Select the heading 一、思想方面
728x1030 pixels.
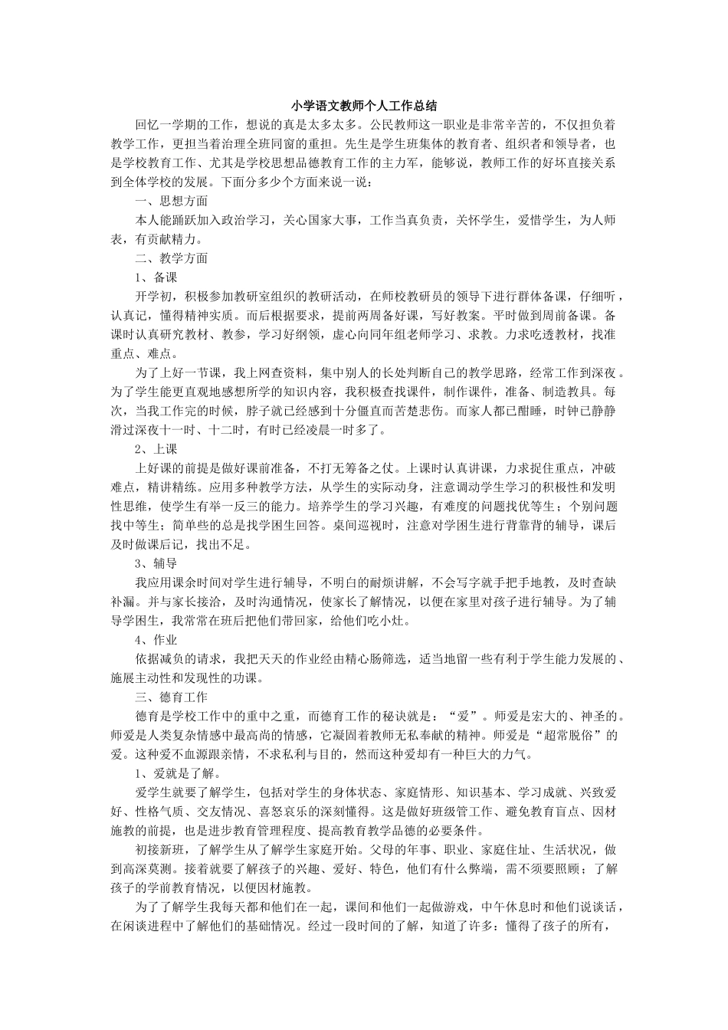tap(171, 201)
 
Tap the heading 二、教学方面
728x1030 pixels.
tap(171, 258)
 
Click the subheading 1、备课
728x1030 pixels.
tap(156, 277)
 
